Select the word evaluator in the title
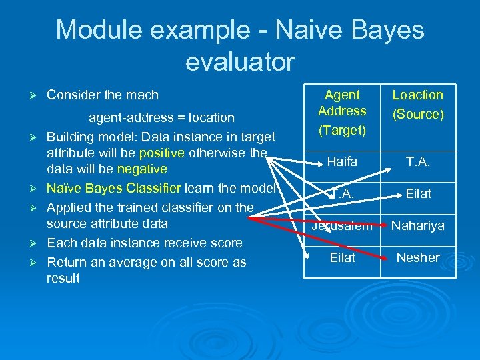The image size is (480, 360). [240, 62]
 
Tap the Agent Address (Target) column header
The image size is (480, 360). [342, 111]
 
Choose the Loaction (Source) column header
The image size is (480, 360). [417, 105]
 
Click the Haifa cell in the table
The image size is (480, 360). [342, 161]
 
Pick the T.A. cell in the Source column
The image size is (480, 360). [417, 161]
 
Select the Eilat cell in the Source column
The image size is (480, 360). [419, 193]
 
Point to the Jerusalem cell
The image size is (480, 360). [342, 225]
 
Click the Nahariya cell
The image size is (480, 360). [417, 225]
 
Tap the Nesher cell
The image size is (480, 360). [418, 257]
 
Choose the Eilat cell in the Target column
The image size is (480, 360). [342, 257]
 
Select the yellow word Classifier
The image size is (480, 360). [153, 188]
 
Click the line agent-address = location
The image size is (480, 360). [162, 117]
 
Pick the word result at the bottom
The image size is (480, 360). [63, 278]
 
